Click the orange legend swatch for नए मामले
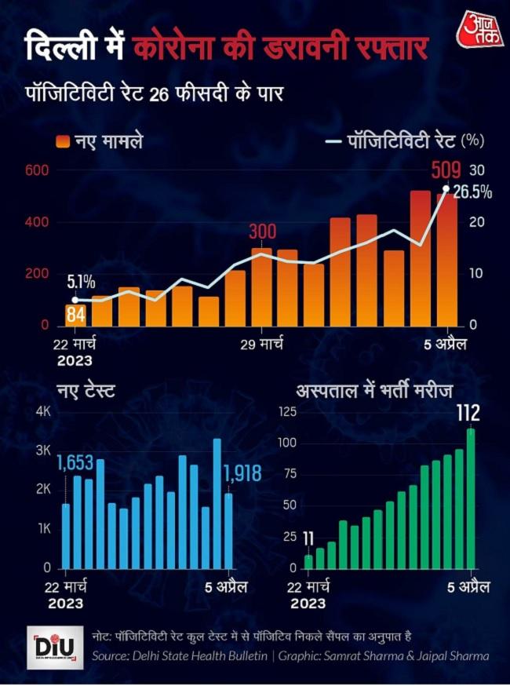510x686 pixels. [x=63, y=141]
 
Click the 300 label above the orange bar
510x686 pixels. [x=262, y=232]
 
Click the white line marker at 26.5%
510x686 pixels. [x=446, y=188]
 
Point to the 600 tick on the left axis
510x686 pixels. [x=38, y=171]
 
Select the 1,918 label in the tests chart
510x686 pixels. [x=242, y=473]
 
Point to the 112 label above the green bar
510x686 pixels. [x=471, y=413]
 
